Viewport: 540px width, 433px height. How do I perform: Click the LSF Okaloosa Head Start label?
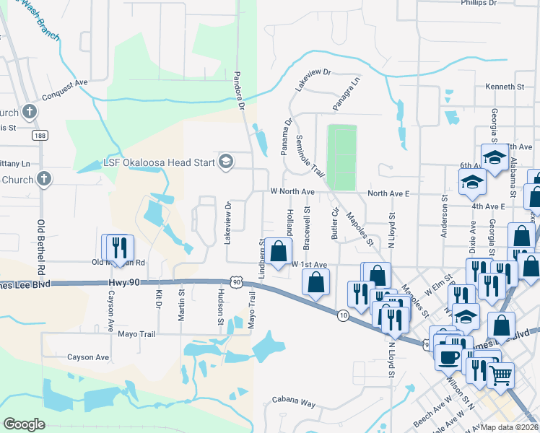[160, 162]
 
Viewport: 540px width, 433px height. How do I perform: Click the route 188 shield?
[40, 135]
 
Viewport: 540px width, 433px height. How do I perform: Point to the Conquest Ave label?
[64, 83]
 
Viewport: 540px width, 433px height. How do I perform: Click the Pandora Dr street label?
[242, 91]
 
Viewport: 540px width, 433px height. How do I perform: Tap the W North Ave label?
[292, 192]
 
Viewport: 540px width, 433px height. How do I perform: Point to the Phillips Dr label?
[480, 3]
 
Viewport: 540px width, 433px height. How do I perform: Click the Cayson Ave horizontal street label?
[87, 357]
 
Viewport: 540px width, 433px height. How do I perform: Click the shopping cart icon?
[500, 374]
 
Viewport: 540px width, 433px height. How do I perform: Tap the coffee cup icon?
[448, 357]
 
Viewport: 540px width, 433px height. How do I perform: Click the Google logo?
[24, 424]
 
